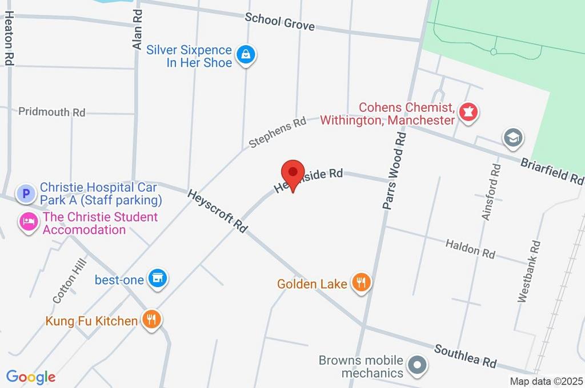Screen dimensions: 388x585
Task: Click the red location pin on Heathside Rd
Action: tap(292, 173)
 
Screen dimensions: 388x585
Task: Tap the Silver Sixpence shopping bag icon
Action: tap(246, 55)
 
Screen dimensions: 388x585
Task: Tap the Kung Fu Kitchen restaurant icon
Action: tap(151, 320)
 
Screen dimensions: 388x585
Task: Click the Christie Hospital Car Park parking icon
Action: tap(25, 194)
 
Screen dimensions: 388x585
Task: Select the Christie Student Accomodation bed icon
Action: tap(27, 221)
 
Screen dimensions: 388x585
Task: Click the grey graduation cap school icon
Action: tap(512, 138)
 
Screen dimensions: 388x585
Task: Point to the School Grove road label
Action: tap(280, 22)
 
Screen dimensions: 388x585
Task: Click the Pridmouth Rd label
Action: tap(51, 112)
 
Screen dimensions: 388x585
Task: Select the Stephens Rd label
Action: tap(278, 132)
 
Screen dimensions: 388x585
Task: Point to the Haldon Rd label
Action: tap(470, 249)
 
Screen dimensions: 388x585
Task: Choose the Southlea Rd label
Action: tap(465, 355)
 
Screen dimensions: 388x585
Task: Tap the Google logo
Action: tap(31, 377)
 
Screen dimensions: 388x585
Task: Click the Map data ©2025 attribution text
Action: tap(547, 381)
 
